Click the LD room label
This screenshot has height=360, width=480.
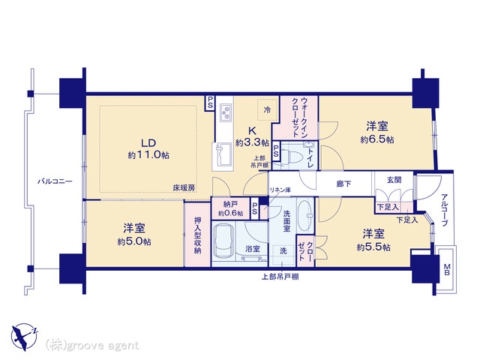pos(148,143)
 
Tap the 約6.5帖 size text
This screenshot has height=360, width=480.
pos(377,140)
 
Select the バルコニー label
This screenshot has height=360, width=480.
pos(55,181)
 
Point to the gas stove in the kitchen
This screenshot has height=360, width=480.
pos(226,112)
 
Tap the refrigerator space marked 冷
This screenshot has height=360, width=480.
pos(267,109)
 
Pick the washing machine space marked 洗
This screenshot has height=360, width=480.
pos(283,255)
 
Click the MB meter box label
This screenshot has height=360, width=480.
pos(447,270)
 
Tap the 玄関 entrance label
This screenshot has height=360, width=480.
pos(394,180)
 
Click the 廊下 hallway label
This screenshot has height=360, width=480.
pos(343,184)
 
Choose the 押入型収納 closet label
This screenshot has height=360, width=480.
pos(198,235)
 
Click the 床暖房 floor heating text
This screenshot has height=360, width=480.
pos(184,188)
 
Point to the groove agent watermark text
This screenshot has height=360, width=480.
pos(91,345)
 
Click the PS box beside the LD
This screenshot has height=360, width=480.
pos(210,103)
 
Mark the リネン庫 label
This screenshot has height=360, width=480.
pos(280,190)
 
